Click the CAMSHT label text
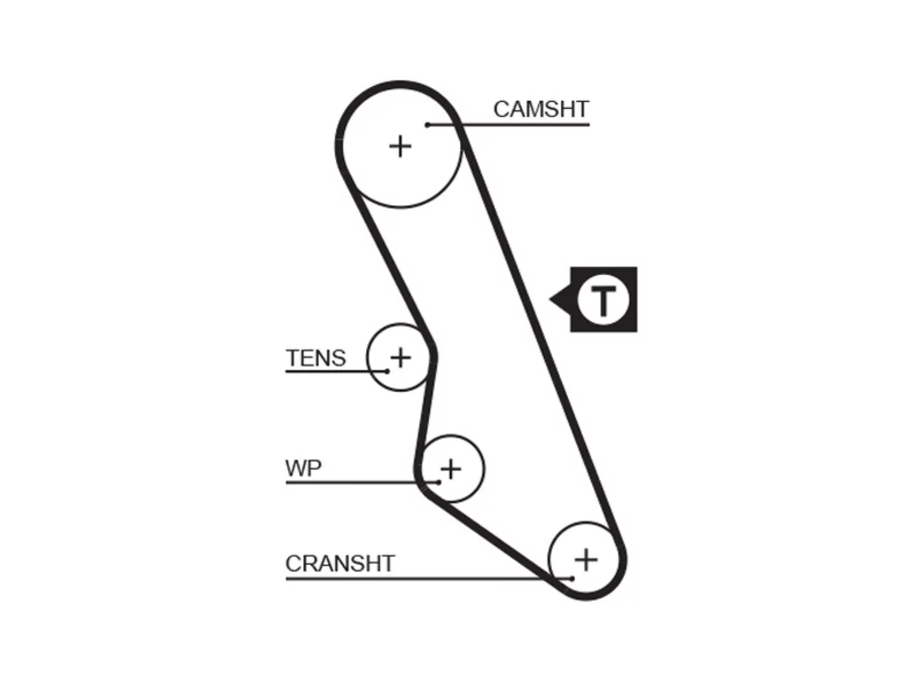[540, 110]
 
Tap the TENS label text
[315, 357]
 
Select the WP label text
[303, 468]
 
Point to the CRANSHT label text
[340, 563]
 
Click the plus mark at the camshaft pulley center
[400, 147]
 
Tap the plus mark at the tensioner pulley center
[401, 357]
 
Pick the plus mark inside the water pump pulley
[451, 469]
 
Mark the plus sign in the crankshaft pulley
[586, 560]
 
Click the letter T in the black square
[603, 300]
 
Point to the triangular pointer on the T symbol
[561, 299]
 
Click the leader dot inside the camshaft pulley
[428, 125]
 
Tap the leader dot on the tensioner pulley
[386, 371]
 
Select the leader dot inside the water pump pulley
[438, 482]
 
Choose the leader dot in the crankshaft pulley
[572, 578]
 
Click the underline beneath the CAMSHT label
[508, 125]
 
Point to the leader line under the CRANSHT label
[428, 578]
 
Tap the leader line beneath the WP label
[362, 482]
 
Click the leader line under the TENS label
[336, 371]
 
